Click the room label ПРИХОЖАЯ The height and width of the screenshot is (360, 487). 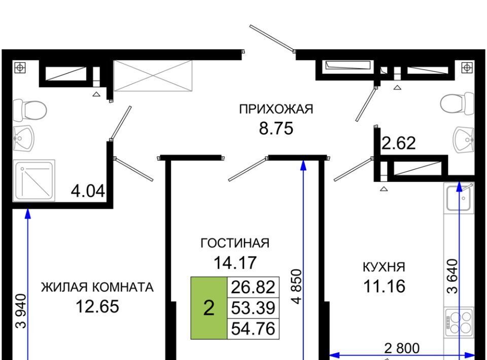[x=276, y=109]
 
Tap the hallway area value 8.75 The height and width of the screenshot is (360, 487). [x=276, y=128]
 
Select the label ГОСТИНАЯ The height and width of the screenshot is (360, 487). [x=235, y=243]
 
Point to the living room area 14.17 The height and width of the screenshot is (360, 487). [x=235, y=263]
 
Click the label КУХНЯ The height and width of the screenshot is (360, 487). [x=384, y=267]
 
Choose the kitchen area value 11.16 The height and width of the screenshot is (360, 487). [x=384, y=286]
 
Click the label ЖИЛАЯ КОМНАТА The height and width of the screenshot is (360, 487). [x=97, y=287]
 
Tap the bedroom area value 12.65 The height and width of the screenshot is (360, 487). [x=97, y=306]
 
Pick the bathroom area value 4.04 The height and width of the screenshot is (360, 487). [x=88, y=191]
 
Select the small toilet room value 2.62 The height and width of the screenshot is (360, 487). [x=399, y=143]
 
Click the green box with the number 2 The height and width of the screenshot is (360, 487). [x=208, y=308]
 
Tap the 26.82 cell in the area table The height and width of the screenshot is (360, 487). [x=253, y=287]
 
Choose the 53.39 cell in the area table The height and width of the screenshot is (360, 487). [x=253, y=308]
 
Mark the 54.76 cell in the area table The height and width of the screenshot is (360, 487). [x=253, y=329]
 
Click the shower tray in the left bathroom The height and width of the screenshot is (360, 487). [x=34, y=181]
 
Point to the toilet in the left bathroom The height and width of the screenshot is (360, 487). [x=30, y=110]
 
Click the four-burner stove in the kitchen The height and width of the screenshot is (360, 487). [x=459, y=322]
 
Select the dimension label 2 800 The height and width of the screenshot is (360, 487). [x=402, y=348]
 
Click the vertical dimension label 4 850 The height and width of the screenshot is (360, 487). [x=297, y=286]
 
